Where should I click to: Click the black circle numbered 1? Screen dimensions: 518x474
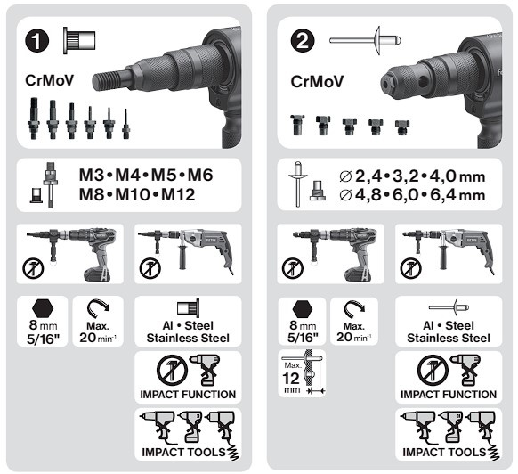click(x=37, y=41)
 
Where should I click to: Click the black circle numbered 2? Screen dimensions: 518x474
click(x=303, y=41)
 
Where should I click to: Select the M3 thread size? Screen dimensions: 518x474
click(x=92, y=176)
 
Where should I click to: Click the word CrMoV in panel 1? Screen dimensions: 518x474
click(x=49, y=80)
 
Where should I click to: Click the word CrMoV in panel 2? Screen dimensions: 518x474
click(x=317, y=82)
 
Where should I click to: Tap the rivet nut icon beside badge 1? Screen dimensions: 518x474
click(x=79, y=40)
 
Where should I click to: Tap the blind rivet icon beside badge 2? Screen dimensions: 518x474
click(x=365, y=40)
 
